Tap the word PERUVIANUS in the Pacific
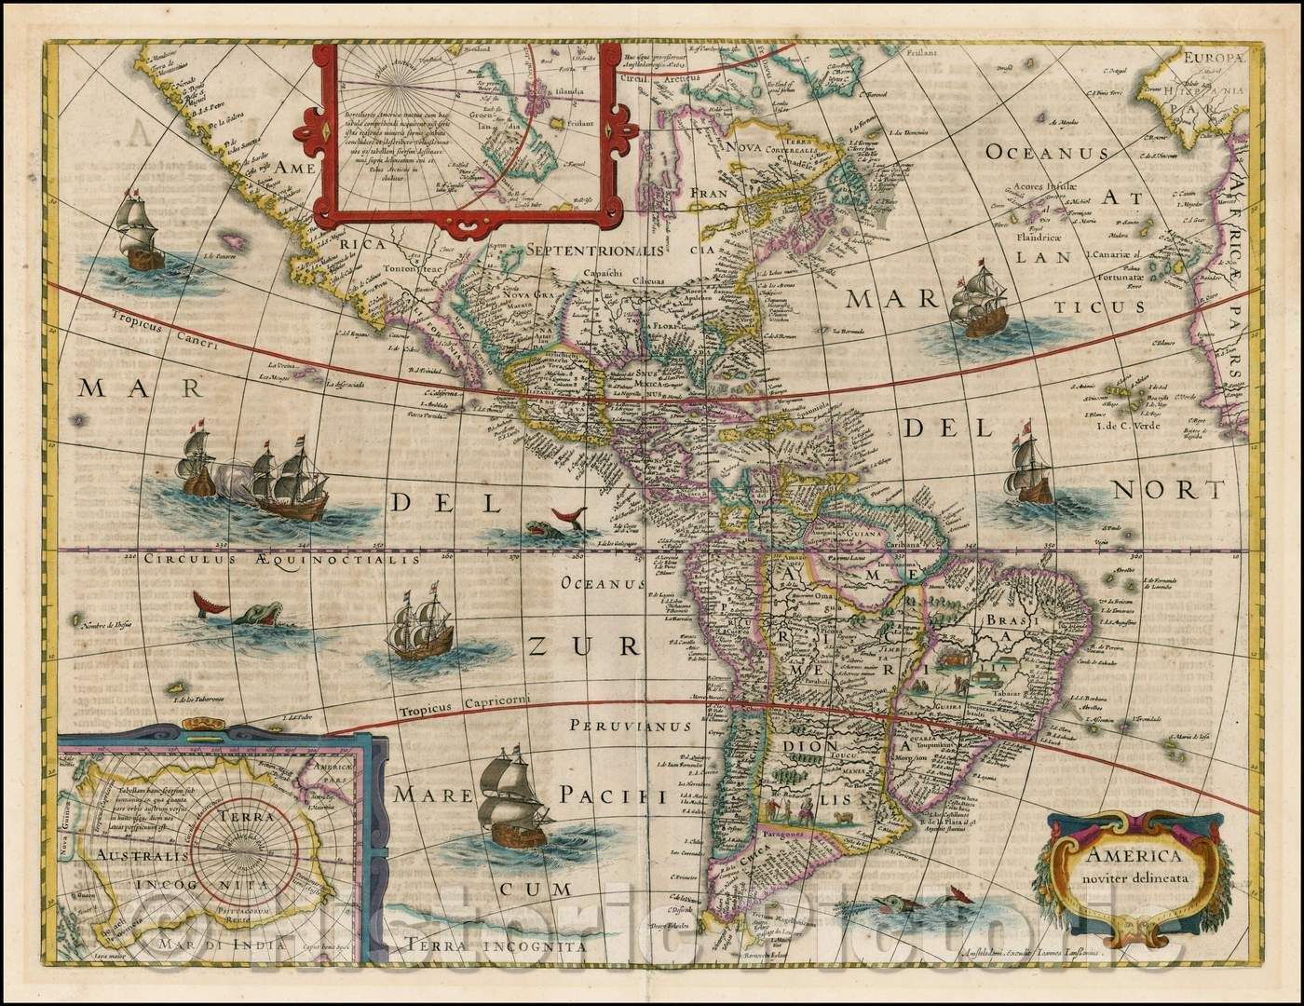[x=631, y=725]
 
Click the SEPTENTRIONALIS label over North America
[x=594, y=250]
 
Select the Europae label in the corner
[x=1216, y=57]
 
